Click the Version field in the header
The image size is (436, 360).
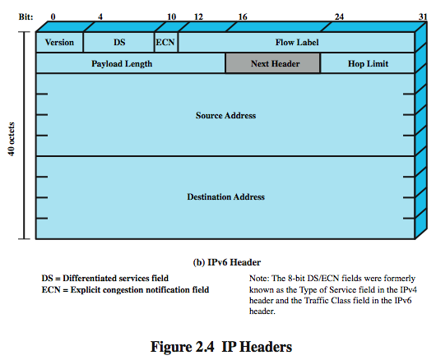59,42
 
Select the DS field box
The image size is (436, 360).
118,42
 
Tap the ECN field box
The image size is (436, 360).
165,42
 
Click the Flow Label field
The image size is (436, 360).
296,42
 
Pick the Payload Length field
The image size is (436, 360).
130,63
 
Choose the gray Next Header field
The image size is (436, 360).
272,63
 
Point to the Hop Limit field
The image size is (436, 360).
367,63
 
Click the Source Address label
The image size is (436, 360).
225,115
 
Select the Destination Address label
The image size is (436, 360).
225,197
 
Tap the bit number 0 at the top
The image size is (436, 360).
53,15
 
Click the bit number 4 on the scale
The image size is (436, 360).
100,15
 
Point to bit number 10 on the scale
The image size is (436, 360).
171,15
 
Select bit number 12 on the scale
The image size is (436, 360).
197,15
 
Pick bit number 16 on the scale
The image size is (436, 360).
243,15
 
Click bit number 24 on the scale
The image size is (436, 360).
338,15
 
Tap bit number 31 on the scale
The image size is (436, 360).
422,15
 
